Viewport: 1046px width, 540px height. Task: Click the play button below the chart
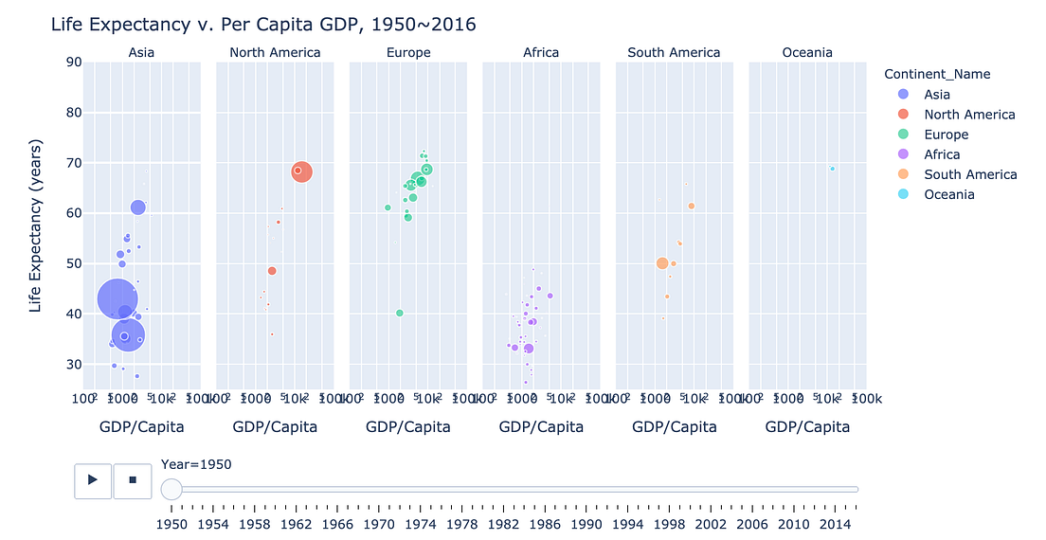(93, 480)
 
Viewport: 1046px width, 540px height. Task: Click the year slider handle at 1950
(171, 489)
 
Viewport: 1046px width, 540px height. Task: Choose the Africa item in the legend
(942, 154)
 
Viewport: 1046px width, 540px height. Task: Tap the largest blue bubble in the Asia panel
(117, 298)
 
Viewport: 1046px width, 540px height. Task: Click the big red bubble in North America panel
(301, 171)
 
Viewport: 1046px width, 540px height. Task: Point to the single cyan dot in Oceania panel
(833, 169)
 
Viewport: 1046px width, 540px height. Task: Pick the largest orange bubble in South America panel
(662, 263)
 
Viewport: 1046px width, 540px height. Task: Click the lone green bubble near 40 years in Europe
(400, 313)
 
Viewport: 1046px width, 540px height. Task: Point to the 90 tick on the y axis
(72, 63)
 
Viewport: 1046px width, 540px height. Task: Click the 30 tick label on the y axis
(72, 365)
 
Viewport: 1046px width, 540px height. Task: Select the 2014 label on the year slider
(835, 524)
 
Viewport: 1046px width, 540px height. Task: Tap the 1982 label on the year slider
(503, 524)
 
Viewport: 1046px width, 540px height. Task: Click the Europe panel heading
(408, 53)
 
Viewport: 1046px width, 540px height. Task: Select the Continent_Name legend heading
(937, 74)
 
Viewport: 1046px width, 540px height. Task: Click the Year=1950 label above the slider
(196, 464)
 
